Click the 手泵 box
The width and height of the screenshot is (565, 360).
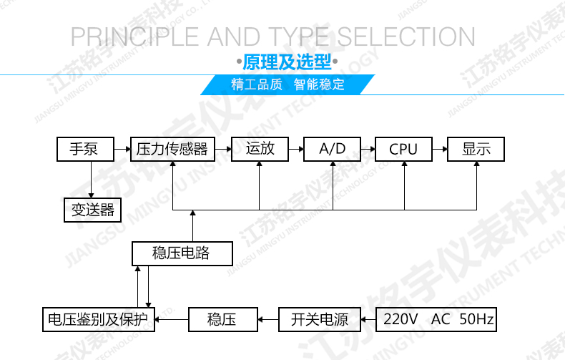pos(85,149)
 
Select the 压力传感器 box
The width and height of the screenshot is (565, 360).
pos(172,149)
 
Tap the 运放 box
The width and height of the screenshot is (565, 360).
pos(260,149)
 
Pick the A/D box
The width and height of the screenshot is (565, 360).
pos(333,149)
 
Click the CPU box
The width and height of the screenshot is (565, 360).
pos(403,149)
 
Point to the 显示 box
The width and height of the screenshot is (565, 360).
pos(476,149)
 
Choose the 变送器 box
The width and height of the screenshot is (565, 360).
pos(92,210)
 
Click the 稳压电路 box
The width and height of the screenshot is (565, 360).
pos(182,253)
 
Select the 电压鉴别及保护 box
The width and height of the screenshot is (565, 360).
pos(99,320)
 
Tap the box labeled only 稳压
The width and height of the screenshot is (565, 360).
pos(223,320)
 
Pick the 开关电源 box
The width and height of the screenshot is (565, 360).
pos(320,320)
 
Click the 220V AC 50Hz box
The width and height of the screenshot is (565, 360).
pos(436,320)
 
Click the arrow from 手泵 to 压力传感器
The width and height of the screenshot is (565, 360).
pos(122,149)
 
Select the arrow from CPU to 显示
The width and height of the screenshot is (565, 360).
pos(440,149)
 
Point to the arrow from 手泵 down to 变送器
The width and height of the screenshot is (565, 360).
pos(91,179)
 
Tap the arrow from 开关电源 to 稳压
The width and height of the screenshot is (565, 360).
pos(268,320)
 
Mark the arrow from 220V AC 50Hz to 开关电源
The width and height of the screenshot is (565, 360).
pos(368,320)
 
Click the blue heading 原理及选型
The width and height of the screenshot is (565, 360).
pos(287,62)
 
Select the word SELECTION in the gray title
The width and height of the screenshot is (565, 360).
pos(406,37)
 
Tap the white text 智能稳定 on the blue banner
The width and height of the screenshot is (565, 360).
pos(319,84)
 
